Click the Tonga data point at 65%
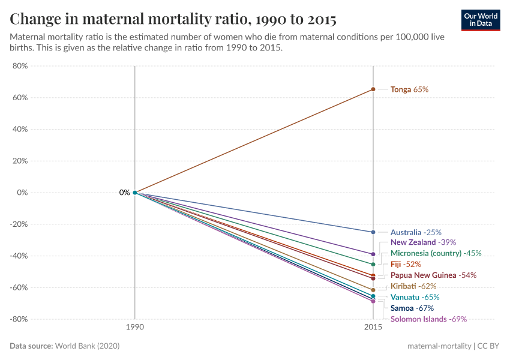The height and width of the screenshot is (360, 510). point(373,89)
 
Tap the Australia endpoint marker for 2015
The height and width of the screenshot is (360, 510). point(373,232)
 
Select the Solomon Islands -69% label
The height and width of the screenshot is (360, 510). point(428,319)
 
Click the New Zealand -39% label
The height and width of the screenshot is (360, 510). point(423,242)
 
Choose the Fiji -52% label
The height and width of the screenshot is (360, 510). point(406,264)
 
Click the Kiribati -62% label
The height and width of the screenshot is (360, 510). point(413,286)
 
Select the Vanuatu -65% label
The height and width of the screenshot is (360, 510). point(415,297)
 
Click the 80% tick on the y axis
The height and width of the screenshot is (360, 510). point(20,66)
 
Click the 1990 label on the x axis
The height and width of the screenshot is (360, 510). point(134,329)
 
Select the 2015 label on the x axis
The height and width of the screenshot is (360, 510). point(373,329)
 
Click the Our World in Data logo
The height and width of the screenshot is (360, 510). point(480,20)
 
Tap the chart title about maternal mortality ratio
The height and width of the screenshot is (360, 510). point(173,19)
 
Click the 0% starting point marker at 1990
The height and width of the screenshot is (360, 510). point(135,193)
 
